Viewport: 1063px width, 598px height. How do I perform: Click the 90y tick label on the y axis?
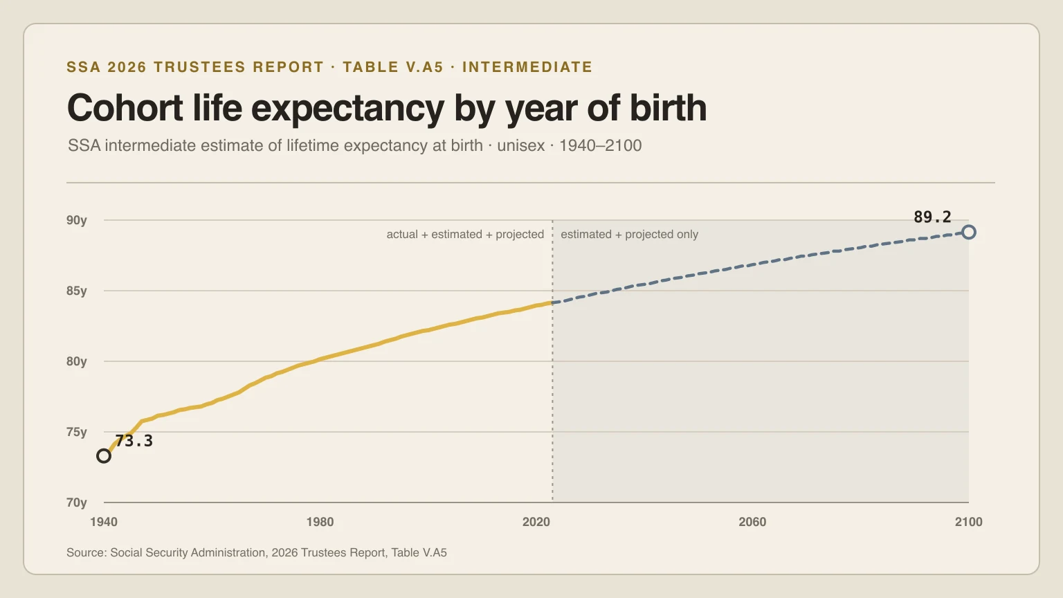(76, 220)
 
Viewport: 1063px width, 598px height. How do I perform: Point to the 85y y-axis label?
(76, 291)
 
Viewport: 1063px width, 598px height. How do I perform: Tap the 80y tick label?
(76, 362)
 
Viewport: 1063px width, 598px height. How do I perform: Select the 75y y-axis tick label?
(76, 433)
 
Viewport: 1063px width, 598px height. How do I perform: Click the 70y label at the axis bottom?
(76, 502)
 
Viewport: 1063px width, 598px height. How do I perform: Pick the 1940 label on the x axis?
(104, 522)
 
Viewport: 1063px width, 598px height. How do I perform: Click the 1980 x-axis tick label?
(320, 522)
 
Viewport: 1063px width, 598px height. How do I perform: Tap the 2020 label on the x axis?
(536, 522)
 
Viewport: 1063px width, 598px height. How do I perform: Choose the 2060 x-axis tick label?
(753, 522)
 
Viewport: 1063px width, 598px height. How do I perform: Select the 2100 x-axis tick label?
(969, 522)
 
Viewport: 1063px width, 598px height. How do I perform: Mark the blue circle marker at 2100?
(963, 233)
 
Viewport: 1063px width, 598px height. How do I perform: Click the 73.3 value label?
(134, 441)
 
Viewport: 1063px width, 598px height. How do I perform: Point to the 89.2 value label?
(932, 217)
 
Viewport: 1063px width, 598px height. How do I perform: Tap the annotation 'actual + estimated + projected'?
(465, 235)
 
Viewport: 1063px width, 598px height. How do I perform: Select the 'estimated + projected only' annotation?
(629, 235)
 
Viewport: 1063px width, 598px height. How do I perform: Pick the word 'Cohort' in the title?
(125, 108)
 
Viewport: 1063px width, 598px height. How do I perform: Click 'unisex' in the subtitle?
(520, 146)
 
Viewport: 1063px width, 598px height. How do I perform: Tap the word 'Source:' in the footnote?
(87, 553)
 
